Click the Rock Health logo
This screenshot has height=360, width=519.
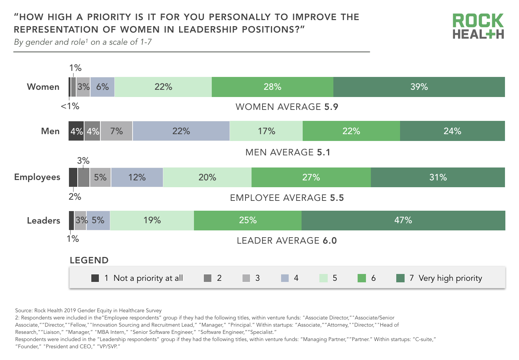pyautogui.click(x=478, y=26)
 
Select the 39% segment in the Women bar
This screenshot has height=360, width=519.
pyautogui.click(x=419, y=87)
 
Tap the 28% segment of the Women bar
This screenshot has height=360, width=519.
pyautogui.click(x=272, y=87)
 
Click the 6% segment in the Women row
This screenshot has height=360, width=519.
pyautogui.click(x=102, y=87)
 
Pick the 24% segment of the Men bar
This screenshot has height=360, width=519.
pyautogui.click(x=452, y=131)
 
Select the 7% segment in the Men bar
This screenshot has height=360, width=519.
pyautogui.click(x=116, y=131)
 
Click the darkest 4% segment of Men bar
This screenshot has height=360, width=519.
pyautogui.click(x=76, y=131)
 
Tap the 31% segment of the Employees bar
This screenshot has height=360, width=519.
pyautogui.click(x=438, y=177)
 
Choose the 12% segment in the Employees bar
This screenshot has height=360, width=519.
pyautogui.click(x=137, y=177)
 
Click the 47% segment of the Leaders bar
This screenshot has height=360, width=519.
pyautogui.click(x=403, y=221)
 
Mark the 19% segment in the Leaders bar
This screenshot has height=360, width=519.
pyautogui.click(x=152, y=221)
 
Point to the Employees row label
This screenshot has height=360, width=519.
pyautogui.click(x=37, y=177)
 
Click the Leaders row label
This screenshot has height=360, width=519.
pyautogui.click(x=44, y=221)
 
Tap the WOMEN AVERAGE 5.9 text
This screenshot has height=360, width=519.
pyautogui.click(x=287, y=107)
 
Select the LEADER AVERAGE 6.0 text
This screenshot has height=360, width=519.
pyautogui.click(x=287, y=241)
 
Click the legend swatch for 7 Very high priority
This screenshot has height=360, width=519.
pyautogui.click(x=400, y=278)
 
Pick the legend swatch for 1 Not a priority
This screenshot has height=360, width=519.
pyautogui.click(x=95, y=278)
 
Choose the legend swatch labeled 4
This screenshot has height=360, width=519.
pyautogui.click(x=285, y=278)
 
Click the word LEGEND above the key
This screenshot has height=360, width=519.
pyautogui.click(x=89, y=260)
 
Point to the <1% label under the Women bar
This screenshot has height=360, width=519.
pyautogui.click(x=70, y=106)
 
